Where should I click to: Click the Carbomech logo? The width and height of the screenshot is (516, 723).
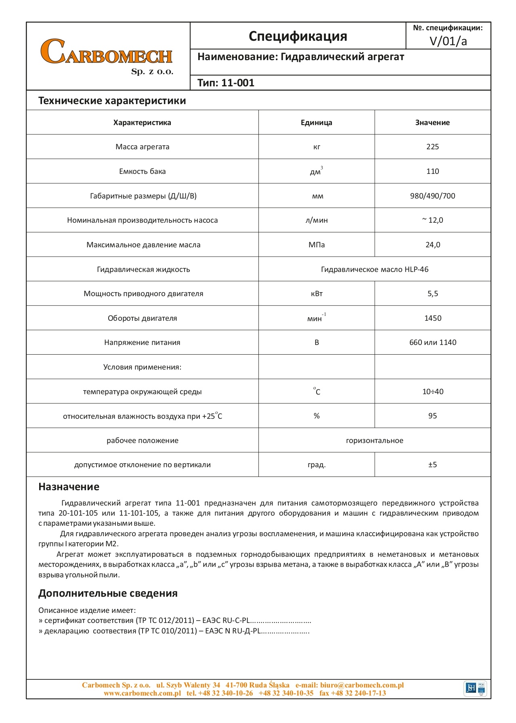point(107,56)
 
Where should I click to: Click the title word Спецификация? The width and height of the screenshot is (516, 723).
point(298,36)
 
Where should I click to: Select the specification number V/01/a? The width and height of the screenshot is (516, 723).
point(448,41)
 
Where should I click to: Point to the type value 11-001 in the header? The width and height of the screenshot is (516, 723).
point(238,83)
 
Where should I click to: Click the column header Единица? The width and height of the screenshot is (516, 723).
point(316,123)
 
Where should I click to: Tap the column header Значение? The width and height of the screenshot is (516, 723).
point(432,123)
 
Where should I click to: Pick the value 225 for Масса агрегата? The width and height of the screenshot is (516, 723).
point(432,147)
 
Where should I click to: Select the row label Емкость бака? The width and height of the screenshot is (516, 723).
point(142,171)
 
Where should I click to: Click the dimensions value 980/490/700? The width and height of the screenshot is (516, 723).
point(432,196)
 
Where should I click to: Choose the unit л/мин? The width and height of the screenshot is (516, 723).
point(316,220)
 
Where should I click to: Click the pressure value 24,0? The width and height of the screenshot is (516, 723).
point(432,245)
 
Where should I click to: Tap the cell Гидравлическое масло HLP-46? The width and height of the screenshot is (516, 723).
point(374,270)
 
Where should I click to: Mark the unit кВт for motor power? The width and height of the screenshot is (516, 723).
point(317,294)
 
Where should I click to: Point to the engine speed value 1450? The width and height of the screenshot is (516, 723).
point(432,318)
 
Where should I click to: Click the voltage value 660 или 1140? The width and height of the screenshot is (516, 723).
point(432,343)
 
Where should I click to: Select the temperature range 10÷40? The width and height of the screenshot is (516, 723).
point(432,392)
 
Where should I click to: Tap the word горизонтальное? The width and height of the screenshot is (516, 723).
point(374,441)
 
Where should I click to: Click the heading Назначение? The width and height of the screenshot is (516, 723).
point(69,487)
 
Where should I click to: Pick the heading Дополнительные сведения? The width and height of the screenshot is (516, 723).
point(108,593)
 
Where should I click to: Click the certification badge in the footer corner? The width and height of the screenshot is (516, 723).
point(476,688)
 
